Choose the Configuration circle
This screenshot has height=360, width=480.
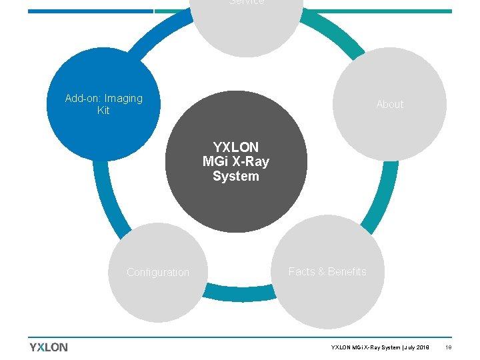click(x=158, y=273)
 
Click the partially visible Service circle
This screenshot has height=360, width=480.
click(x=247, y=20)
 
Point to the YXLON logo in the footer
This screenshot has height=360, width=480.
click(x=49, y=347)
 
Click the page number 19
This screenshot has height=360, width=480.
click(x=448, y=347)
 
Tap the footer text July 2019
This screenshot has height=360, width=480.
click(x=416, y=347)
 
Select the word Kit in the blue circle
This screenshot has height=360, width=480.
click(x=103, y=111)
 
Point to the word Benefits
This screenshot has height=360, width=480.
click(x=347, y=271)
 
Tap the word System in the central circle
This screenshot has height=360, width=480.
click(x=236, y=176)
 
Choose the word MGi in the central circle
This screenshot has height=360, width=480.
click(x=215, y=161)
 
